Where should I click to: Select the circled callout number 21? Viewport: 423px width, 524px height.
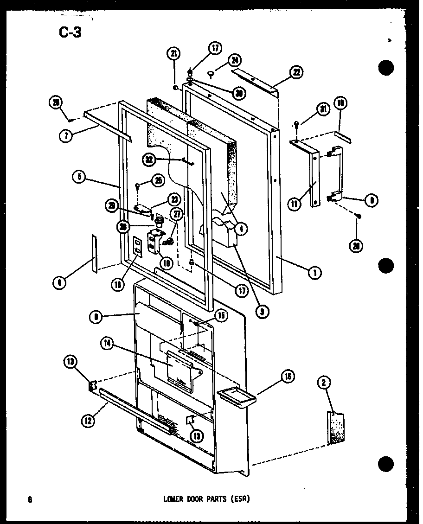pos(173,55)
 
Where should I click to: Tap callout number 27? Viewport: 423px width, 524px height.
pos(177,214)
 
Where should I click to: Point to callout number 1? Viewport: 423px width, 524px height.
pos(314,273)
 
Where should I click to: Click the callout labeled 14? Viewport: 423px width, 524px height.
pos(106,345)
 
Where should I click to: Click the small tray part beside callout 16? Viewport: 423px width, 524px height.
pos(236,395)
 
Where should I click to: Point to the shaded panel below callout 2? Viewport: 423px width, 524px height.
pos(336,428)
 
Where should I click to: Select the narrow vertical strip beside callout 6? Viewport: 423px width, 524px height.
pos(95,253)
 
